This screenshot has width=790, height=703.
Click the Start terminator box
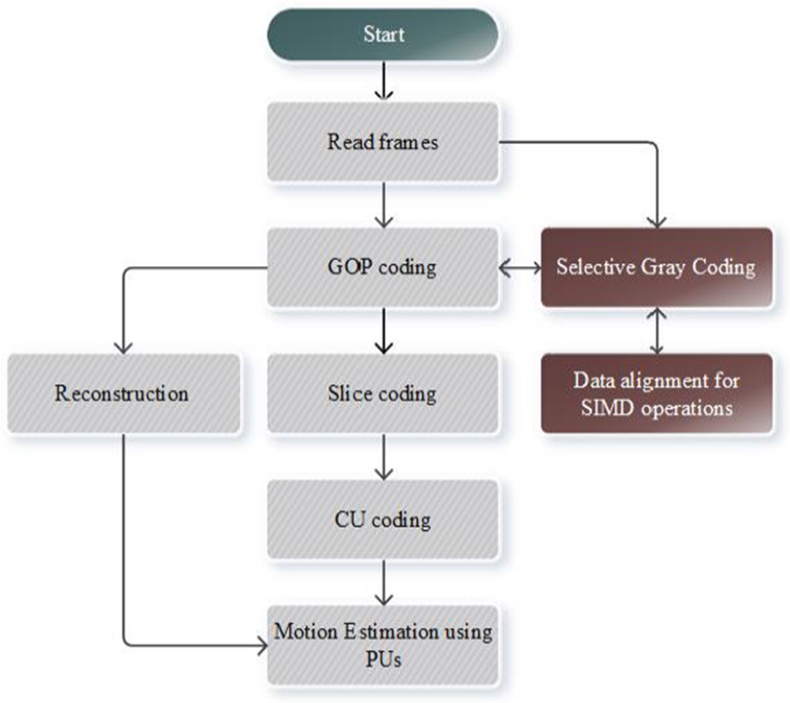point(382,34)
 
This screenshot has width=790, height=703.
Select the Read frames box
point(382,142)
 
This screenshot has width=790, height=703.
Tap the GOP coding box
point(382,267)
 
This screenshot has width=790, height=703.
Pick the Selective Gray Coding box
point(656,267)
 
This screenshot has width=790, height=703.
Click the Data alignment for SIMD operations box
point(656,393)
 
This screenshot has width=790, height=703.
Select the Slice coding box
point(382,393)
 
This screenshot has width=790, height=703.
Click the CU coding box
point(382,519)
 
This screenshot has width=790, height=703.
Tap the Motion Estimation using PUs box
point(382,644)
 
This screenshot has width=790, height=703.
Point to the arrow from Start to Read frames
point(382,82)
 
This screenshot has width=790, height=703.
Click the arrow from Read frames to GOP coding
point(382,206)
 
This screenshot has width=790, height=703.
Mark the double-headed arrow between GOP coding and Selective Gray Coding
point(519,267)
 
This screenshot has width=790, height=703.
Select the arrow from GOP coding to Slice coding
point(382,331)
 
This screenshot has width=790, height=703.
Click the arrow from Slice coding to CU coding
point(382,457)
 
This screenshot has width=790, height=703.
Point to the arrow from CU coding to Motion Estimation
point(382,582)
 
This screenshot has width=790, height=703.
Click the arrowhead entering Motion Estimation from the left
point(262,648)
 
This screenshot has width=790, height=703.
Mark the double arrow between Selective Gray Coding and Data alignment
point(656,330)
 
